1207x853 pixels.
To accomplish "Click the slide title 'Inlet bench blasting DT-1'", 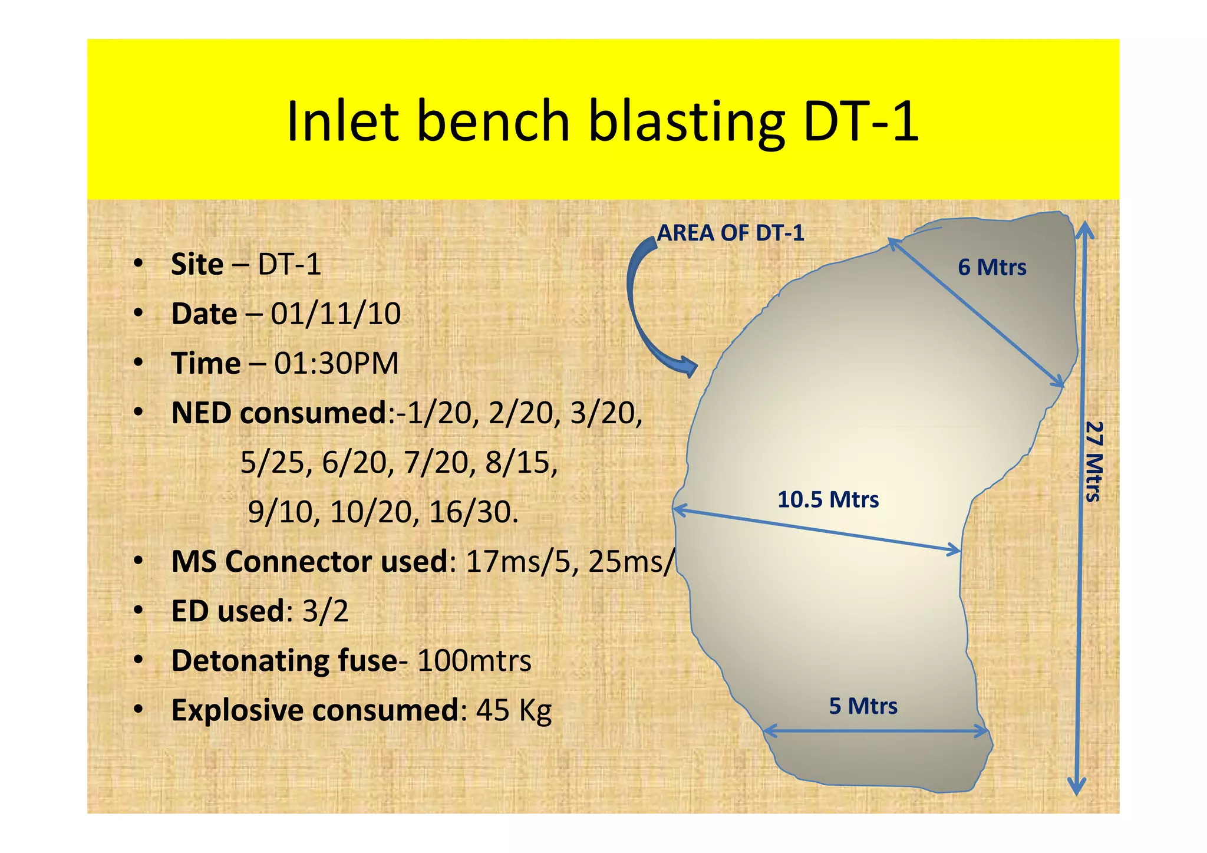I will click(x=602, y=121).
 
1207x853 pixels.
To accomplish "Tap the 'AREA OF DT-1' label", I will click(x=730, y=233).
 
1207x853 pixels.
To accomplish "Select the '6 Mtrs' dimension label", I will click(x=992, y=268).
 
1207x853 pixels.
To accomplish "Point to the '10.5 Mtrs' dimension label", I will click(x=828, y=500).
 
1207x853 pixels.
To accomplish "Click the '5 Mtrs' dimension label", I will click(x=863, y=706).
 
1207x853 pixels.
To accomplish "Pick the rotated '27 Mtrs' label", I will click(x=1094, y=461).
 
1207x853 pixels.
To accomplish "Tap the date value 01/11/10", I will click(x=335, y=314).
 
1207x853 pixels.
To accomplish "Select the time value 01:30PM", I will click(x=337, y=363).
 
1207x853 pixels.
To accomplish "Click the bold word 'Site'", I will click(x=197, y=264).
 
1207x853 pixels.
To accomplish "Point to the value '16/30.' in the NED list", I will click(x=473, y=512).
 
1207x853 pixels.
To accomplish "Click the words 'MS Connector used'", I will click(x=309, y=561).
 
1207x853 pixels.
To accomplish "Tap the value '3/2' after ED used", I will click(x=325, y=611).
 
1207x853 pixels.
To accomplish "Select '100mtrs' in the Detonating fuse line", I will click(x=474, y=660).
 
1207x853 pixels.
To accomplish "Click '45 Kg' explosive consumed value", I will click(x=513, y=710).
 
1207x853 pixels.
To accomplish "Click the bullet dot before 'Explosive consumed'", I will click(x=138, y=709).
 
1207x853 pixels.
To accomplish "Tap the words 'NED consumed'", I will click(x=278, y=413).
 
